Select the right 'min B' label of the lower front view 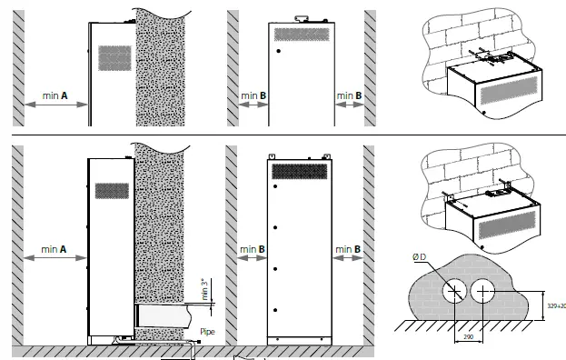click(349, 247)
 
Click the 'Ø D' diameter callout click(419, 258)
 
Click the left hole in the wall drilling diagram click(452, 291)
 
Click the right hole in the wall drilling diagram click(483, 291)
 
